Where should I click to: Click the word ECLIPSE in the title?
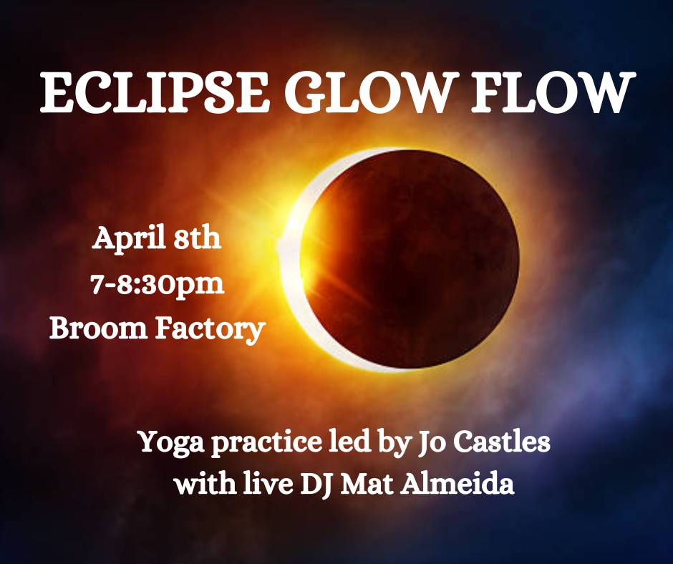pos(154,93)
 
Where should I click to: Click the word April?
pos(129,238)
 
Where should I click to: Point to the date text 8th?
pos(198,238)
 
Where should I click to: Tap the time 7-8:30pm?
pos(158,286)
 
